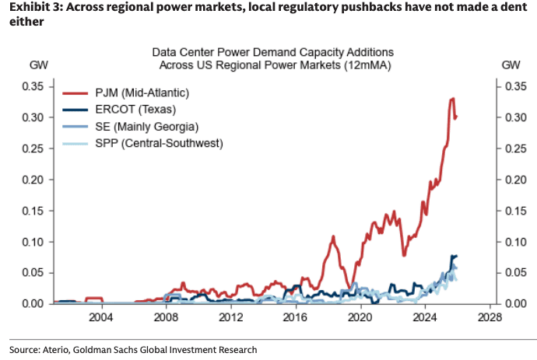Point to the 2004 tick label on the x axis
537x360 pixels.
pos(100,318)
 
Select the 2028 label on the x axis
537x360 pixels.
pos(490,318)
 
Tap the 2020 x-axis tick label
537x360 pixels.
pos(360,318)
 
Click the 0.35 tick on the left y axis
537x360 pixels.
pos(33,86)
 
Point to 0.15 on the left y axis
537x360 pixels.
pos(33,211)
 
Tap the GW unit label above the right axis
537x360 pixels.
pos(511,65)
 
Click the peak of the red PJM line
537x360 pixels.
pos(452,99)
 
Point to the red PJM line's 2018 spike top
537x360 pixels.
pos(333,236)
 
